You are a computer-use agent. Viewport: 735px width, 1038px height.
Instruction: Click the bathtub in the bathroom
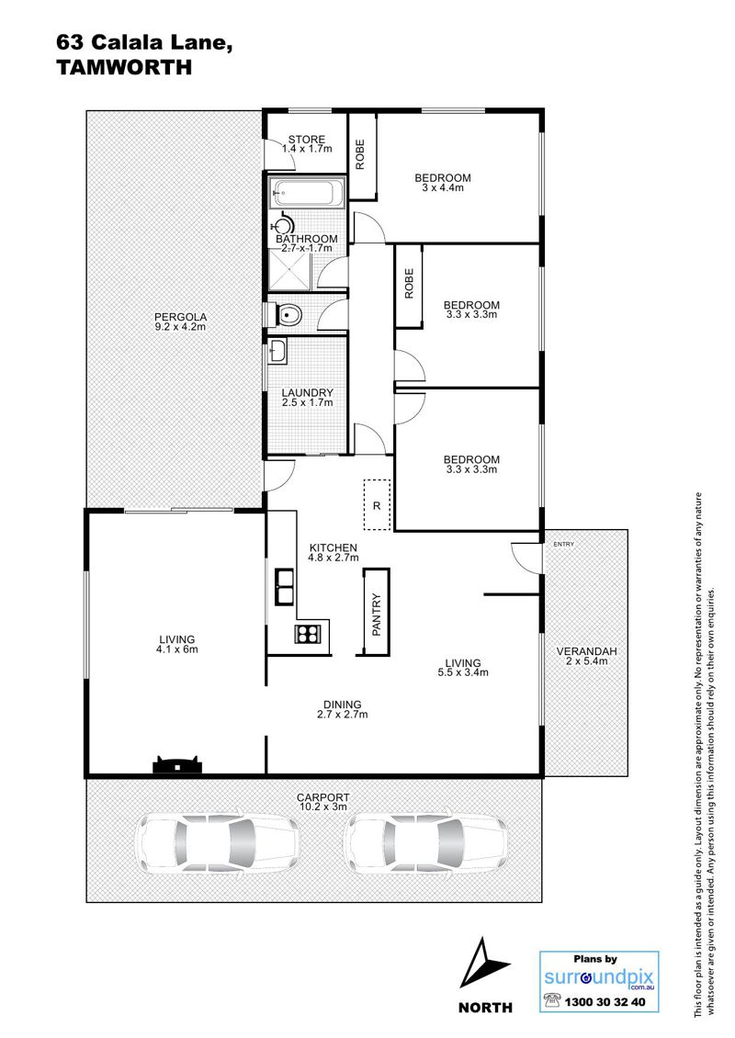[305, 193]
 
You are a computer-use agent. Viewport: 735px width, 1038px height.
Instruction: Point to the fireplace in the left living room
[176, 764]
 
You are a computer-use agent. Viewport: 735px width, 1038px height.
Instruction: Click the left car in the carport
[217, 842]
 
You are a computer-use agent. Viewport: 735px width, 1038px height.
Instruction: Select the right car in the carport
[428, 842]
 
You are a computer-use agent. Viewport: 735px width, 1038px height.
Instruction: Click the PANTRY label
[377, 615]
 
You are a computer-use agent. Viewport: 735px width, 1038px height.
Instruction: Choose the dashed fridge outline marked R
[377, 504]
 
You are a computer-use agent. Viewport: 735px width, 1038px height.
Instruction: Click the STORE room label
[307, 140]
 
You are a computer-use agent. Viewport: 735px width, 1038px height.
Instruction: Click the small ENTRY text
[563, 544]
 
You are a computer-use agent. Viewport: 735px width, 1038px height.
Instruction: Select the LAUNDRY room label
[307, 392]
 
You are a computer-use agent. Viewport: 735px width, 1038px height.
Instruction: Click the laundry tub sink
[278, 352]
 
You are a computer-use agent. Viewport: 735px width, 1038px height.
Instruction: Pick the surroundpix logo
[599, 977]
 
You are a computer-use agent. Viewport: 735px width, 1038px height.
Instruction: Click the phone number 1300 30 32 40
[605, 1002]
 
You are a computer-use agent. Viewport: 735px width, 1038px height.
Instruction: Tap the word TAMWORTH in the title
[124, 67]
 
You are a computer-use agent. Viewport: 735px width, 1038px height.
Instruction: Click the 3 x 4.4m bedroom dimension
[443, 187]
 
